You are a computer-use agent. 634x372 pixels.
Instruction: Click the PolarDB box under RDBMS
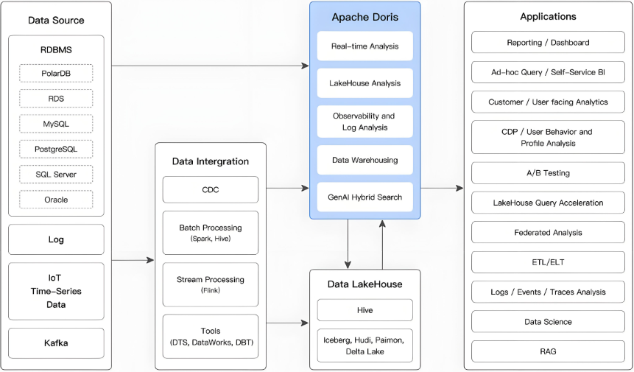56,73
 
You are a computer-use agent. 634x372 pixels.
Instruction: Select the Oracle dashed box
56,200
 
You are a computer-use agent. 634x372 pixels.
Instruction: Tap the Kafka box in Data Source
56,343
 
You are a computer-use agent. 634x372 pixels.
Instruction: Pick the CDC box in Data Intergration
211,189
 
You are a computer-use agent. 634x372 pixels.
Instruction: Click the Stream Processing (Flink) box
211,284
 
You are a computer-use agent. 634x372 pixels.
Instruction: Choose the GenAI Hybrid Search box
364,197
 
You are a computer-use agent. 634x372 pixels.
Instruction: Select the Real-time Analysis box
364,46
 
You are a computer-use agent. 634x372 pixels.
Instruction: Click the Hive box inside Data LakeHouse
364,310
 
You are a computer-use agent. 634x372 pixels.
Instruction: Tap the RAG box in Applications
548,351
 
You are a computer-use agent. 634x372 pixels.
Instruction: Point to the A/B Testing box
548,173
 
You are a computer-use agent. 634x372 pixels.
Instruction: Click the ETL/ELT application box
548,262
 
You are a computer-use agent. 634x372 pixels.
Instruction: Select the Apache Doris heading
364,17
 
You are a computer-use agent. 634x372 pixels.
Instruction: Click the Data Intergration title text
211,161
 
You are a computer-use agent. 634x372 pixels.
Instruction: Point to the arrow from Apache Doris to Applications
442,188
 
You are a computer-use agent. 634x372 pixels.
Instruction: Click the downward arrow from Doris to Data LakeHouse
348,245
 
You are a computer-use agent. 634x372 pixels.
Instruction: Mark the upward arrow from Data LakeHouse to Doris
382,245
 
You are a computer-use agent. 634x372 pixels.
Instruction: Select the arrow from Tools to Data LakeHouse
287,323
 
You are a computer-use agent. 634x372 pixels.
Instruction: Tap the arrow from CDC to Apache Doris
287,188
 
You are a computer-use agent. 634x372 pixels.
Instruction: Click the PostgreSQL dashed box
56,149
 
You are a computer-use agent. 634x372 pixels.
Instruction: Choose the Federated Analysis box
548,233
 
